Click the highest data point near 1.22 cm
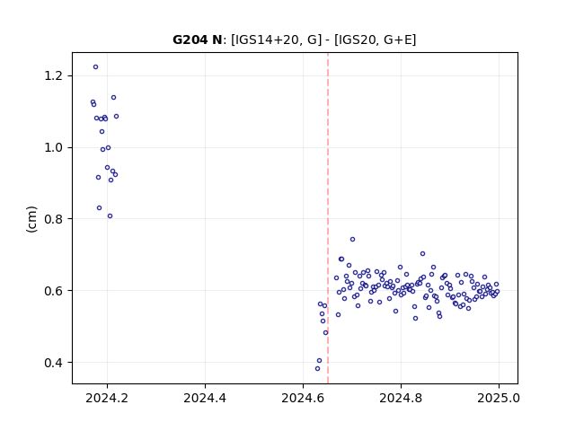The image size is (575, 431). click(96, 67)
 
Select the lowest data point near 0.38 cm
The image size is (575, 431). click(317, 369)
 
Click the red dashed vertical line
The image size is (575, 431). click(328, 218)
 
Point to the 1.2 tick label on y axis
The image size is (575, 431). click(54, 75)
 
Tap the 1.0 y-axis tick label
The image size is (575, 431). click(54, 147)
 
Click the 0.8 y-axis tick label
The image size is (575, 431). click(54, 219)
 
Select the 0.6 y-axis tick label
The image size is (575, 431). click(54, 291)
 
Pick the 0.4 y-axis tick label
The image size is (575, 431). click(54, 363)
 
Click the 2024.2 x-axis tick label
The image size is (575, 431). click(107, 398)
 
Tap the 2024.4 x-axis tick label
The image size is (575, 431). click(205, 398)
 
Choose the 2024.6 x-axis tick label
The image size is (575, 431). click(303, 398)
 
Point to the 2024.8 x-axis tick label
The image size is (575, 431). click(401, 398)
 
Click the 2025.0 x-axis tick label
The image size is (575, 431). click(499, 398)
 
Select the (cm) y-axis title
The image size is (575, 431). click(32, 219)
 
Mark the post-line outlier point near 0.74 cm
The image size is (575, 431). click(353, 240)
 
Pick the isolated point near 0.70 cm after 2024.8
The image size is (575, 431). click(423, 253)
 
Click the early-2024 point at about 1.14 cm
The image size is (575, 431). click(114, 98)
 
